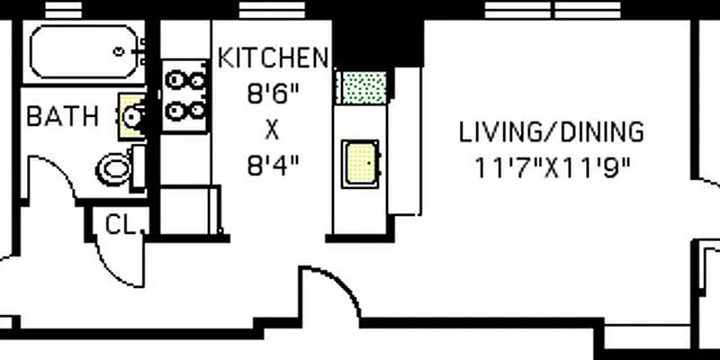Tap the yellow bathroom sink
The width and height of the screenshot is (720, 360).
pos(131,115)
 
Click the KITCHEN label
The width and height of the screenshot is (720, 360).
pos(273,59)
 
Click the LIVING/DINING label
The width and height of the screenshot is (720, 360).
pos(552,133)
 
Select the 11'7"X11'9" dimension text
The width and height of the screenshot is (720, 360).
pos(552,166)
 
